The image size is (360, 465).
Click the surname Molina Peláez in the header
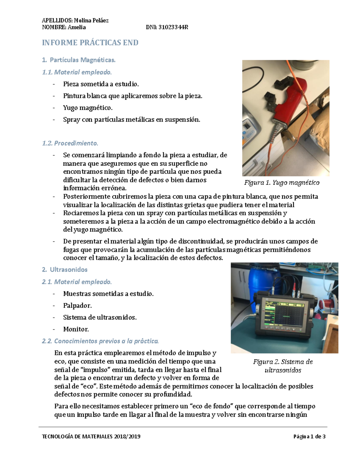[91, 20]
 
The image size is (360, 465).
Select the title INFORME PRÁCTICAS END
[90, 43]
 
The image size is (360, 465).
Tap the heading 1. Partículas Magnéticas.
[79, 60]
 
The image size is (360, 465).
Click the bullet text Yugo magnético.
[88, 108]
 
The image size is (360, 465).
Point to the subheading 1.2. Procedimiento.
[70, 143]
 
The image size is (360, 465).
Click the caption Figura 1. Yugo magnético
[282, 183]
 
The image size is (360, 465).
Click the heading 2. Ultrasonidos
[65, 270]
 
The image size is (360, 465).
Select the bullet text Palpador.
[77, 306]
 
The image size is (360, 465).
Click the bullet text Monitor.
[76, 329]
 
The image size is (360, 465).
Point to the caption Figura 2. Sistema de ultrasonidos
[283, 366]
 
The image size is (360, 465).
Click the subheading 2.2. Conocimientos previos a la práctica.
[100, 341]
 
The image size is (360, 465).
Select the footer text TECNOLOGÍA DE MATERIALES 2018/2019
[91, 437]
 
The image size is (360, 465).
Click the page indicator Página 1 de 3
[309, 437]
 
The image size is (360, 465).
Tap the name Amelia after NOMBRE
[76, 28]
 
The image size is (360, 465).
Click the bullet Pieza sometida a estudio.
[101, 84]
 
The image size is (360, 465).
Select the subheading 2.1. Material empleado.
[77, 282]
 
